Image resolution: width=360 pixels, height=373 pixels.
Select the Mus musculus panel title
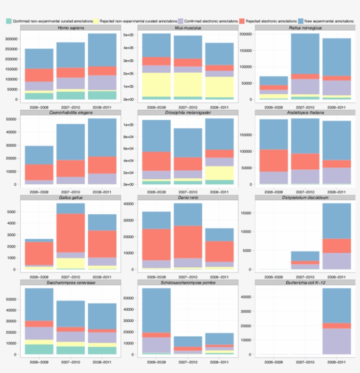pos(188,28)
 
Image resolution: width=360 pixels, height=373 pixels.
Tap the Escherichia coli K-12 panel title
pos(305,282)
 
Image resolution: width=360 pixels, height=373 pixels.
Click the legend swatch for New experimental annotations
pos(301,21)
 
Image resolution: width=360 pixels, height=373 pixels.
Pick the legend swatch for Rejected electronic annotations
pos(242,21)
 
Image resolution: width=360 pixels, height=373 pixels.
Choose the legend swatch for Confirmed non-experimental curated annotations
pos(9,21)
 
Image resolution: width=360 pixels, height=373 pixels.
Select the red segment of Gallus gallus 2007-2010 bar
pos(71,233)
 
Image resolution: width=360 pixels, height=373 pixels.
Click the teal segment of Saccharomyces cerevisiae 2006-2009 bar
pos(39,349)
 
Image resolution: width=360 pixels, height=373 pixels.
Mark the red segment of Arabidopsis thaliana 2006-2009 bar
pos(274,160)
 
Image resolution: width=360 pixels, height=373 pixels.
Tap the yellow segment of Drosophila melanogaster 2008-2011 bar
pos(220,173)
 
